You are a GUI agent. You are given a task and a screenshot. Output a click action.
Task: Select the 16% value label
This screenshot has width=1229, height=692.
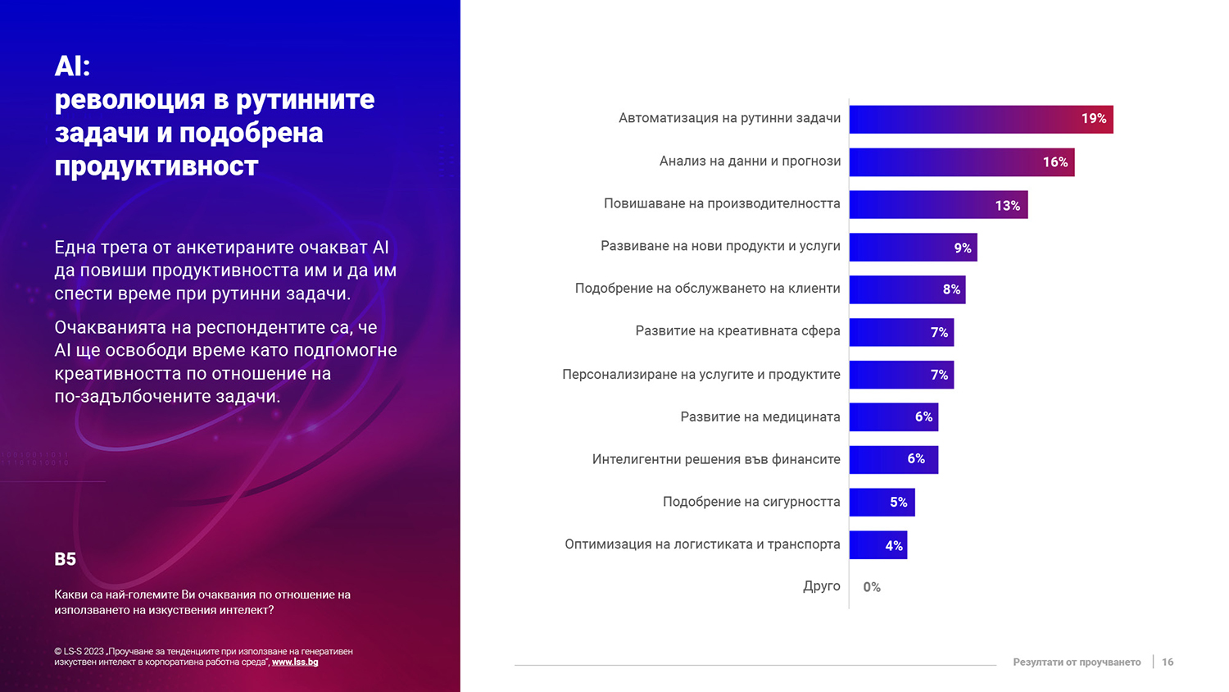tap(1054, 162)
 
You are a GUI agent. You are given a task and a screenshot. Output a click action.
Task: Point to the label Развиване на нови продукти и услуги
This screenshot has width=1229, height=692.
tap(720, 246)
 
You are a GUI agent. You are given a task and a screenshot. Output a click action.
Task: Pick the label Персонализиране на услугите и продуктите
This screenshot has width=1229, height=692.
tap(701, 375)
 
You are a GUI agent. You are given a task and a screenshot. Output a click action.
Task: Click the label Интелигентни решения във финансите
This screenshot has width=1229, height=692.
tap(716, 460)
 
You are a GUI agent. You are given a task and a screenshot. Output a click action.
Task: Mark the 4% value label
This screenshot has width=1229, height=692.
tap(893, 546)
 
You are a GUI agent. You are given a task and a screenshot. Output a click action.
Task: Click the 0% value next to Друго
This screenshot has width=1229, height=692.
tap(872, 587)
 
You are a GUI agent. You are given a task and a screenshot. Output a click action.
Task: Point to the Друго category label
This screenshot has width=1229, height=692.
tap(821, 586)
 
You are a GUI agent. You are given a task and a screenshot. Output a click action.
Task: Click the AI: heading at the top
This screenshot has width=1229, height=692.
tap(73, 66)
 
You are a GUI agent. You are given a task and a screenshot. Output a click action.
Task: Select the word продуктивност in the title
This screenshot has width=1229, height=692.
tap(156, 166)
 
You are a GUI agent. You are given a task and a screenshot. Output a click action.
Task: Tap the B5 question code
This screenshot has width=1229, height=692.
tap(65, 559)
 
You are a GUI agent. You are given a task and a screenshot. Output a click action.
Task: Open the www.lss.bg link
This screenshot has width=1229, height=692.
tap(295, 662)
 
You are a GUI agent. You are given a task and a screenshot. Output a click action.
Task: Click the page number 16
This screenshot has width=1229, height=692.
tap(1168, 662)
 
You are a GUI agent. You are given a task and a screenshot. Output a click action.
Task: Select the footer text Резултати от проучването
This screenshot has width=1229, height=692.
tap(1076, 662)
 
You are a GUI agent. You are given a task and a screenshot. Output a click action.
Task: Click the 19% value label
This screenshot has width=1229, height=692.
tap(1093, 119)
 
